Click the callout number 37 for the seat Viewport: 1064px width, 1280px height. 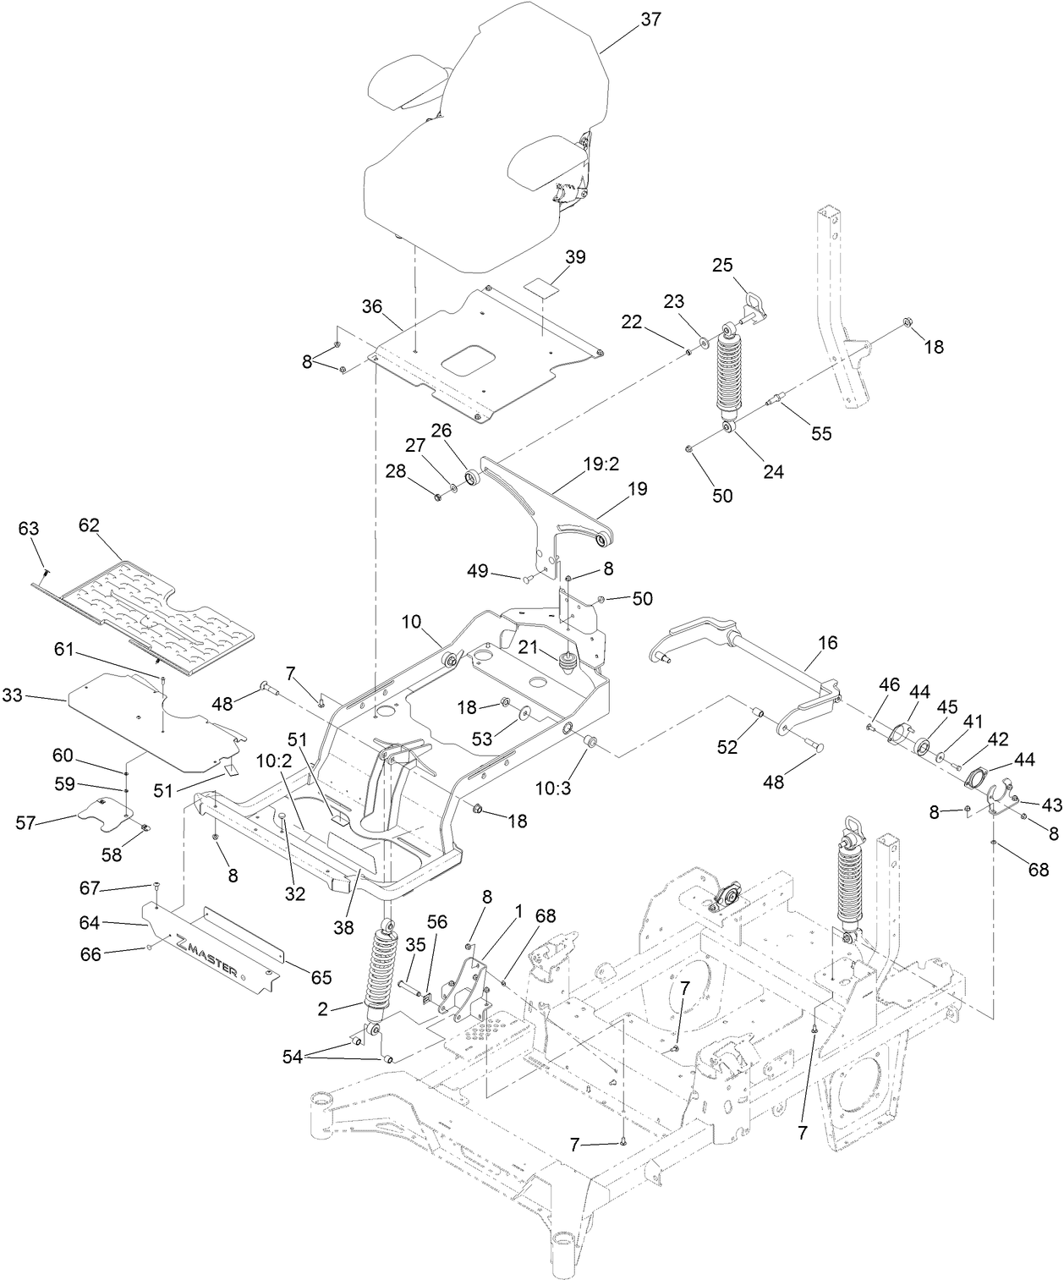650,19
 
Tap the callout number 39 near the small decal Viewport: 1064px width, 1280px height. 575,257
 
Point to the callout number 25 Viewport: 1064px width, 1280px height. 721,266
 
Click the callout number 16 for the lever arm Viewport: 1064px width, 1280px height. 827,644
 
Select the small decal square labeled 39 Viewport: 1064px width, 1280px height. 540,286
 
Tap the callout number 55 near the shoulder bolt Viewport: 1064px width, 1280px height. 820,433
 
